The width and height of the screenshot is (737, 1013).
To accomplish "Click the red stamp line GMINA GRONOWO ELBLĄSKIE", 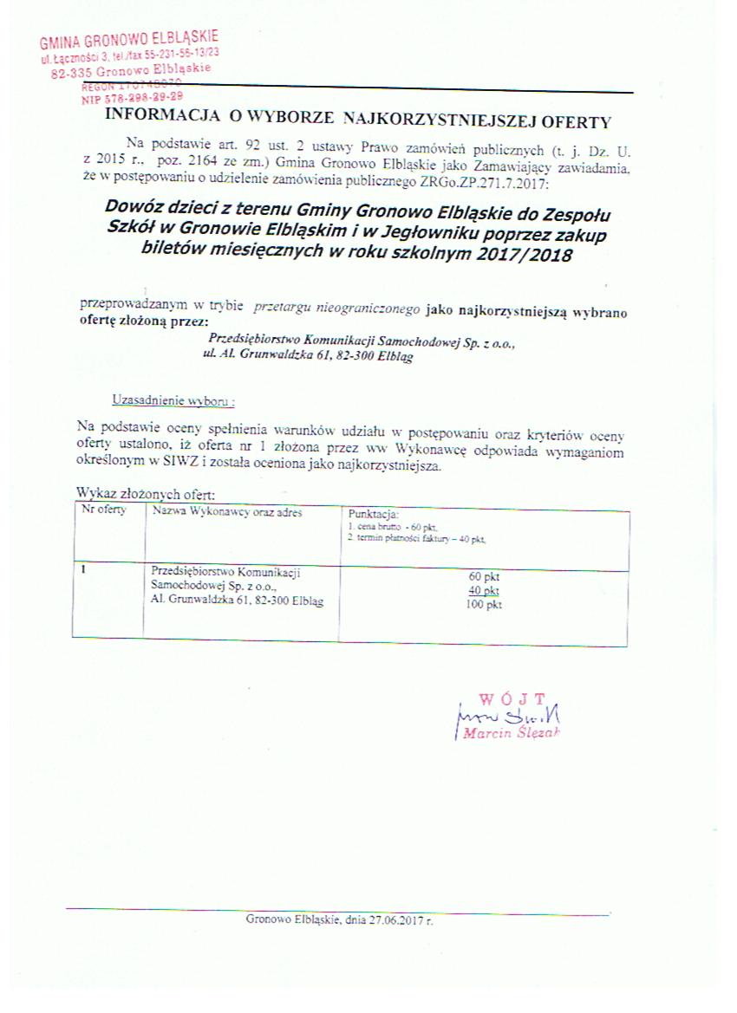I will (129, 40).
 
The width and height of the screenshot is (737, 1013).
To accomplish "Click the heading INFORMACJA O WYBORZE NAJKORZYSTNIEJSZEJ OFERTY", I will (358, 121).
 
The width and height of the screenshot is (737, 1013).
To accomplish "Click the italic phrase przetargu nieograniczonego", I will (337, 308).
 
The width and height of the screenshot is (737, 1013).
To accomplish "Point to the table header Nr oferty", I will (103, 510).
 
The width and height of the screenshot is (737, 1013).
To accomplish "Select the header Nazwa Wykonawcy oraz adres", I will (226, 511).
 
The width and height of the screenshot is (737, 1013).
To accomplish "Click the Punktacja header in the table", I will (373, 513).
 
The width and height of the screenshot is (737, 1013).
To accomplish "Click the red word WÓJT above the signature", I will (512, 698).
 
